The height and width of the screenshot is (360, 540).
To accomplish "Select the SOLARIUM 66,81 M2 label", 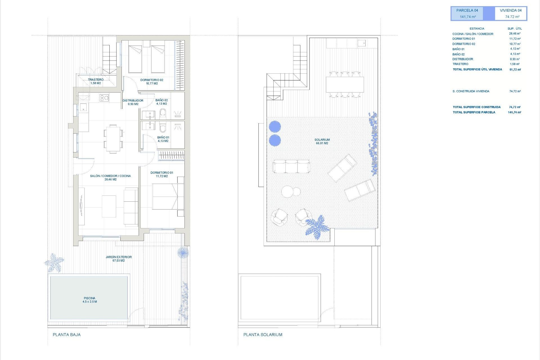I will click(322, 141).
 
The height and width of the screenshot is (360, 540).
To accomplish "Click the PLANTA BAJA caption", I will click(67, 335).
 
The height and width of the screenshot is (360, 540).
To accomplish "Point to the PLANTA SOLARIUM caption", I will click(263, 335).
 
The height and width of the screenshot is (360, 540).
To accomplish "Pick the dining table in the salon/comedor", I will click(113, 139).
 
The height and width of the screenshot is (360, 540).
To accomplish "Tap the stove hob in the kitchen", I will click(104, 98).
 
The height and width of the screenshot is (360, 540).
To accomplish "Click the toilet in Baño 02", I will click(163, 114).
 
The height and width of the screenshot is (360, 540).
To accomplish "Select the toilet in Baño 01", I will click(163, 128).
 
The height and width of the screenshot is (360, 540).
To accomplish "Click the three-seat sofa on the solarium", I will click(291, 166).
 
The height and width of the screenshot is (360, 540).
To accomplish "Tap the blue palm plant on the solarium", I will click(317, 227).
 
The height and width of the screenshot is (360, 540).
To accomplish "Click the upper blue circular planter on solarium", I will click(275, 127).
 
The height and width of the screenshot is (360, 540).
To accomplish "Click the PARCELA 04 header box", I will click(467, 13).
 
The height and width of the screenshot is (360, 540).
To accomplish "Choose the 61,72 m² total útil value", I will click(515, 69).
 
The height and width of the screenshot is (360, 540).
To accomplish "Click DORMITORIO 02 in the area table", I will click(463, 44).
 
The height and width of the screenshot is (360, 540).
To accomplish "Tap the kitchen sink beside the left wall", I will click(84, 107).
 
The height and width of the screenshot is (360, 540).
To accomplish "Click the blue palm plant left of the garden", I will click(54, 262).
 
